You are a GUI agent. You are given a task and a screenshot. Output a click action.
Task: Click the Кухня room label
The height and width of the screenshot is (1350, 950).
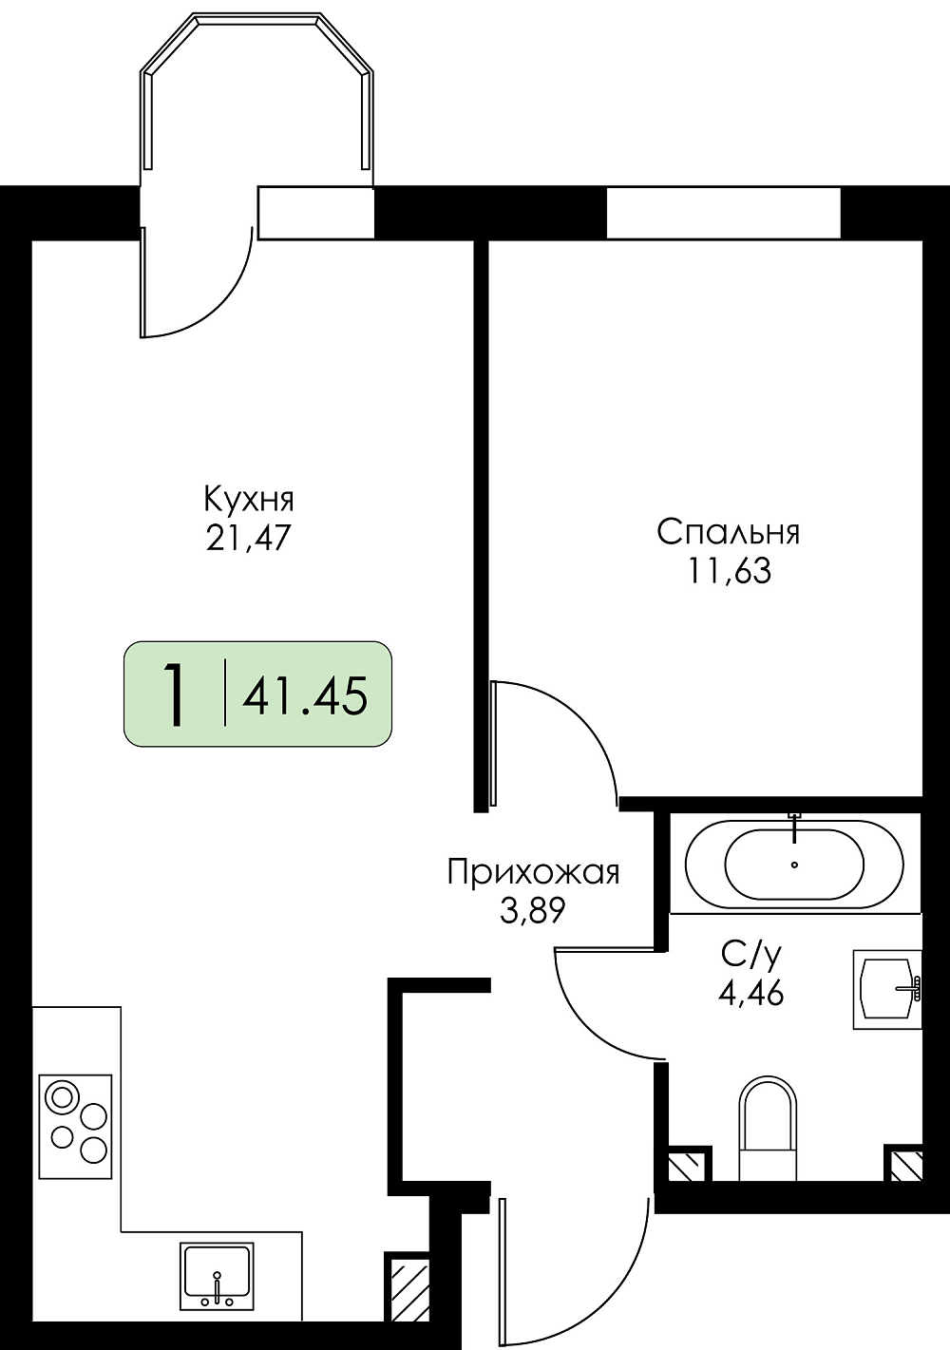click(249, 501)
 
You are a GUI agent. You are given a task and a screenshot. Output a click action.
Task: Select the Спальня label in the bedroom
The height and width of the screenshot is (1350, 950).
click(728, 533)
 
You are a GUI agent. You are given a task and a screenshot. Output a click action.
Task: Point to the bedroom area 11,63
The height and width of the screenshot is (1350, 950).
click(729, 571)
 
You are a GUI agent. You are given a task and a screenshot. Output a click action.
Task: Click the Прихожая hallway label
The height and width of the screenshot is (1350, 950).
click(534, 874)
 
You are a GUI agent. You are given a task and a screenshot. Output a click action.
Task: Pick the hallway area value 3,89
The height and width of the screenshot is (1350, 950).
click(532, 911)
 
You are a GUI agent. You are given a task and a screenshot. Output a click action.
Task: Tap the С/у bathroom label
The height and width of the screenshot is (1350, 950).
click(751, 955)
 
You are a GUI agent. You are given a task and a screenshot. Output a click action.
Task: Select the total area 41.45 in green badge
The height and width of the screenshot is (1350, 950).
click(305, 695)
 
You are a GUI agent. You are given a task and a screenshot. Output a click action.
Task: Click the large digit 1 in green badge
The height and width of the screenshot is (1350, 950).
click(174, 694)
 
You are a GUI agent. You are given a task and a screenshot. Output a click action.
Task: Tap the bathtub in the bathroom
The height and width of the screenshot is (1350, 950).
click(794, 865)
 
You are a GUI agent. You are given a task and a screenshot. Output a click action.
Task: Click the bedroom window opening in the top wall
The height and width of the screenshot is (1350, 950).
click(723, 213)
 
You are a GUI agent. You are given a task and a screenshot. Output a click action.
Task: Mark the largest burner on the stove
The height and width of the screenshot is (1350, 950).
click(62, 1097)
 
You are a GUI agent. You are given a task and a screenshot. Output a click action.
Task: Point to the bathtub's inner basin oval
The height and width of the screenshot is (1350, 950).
click(794, 865)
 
